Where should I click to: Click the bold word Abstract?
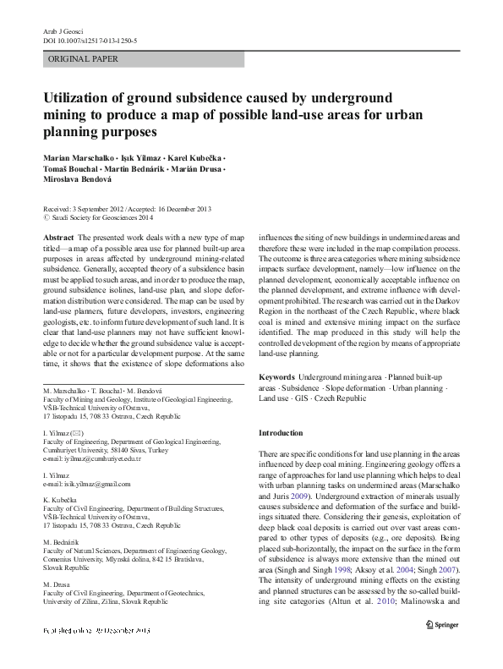[57, 239]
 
